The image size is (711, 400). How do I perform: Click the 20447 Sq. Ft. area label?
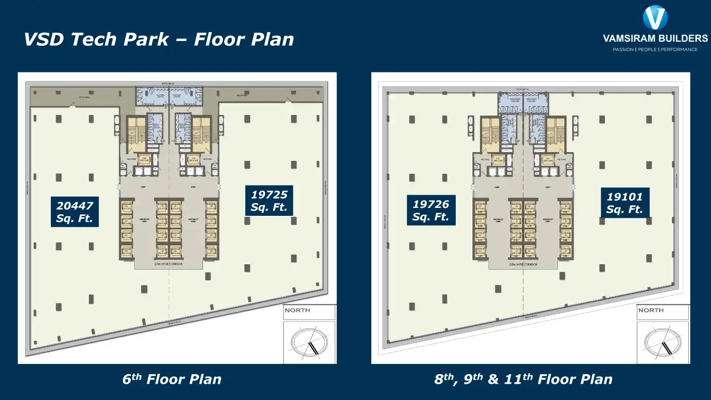point(75,211)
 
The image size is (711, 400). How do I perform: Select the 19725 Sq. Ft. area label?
point(269,200)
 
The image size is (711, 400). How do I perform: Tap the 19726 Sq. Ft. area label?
point(431,210)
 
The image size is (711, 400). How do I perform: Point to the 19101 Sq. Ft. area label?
point(625,202)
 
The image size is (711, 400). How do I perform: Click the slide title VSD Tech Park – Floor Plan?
point(158,39)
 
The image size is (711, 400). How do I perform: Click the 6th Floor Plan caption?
point(172,379)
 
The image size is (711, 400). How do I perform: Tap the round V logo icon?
point(655,18)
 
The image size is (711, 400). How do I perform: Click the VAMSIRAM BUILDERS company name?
point(655,39)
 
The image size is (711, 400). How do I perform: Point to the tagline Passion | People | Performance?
point(655,49)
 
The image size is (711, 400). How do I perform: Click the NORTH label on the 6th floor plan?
point(298,311)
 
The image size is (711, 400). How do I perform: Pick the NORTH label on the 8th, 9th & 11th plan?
point(651,311)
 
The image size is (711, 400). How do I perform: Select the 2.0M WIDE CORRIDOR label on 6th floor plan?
point(168,265)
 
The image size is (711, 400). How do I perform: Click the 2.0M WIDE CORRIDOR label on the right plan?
point(522,265)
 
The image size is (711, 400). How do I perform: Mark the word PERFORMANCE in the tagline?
point(679,49)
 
